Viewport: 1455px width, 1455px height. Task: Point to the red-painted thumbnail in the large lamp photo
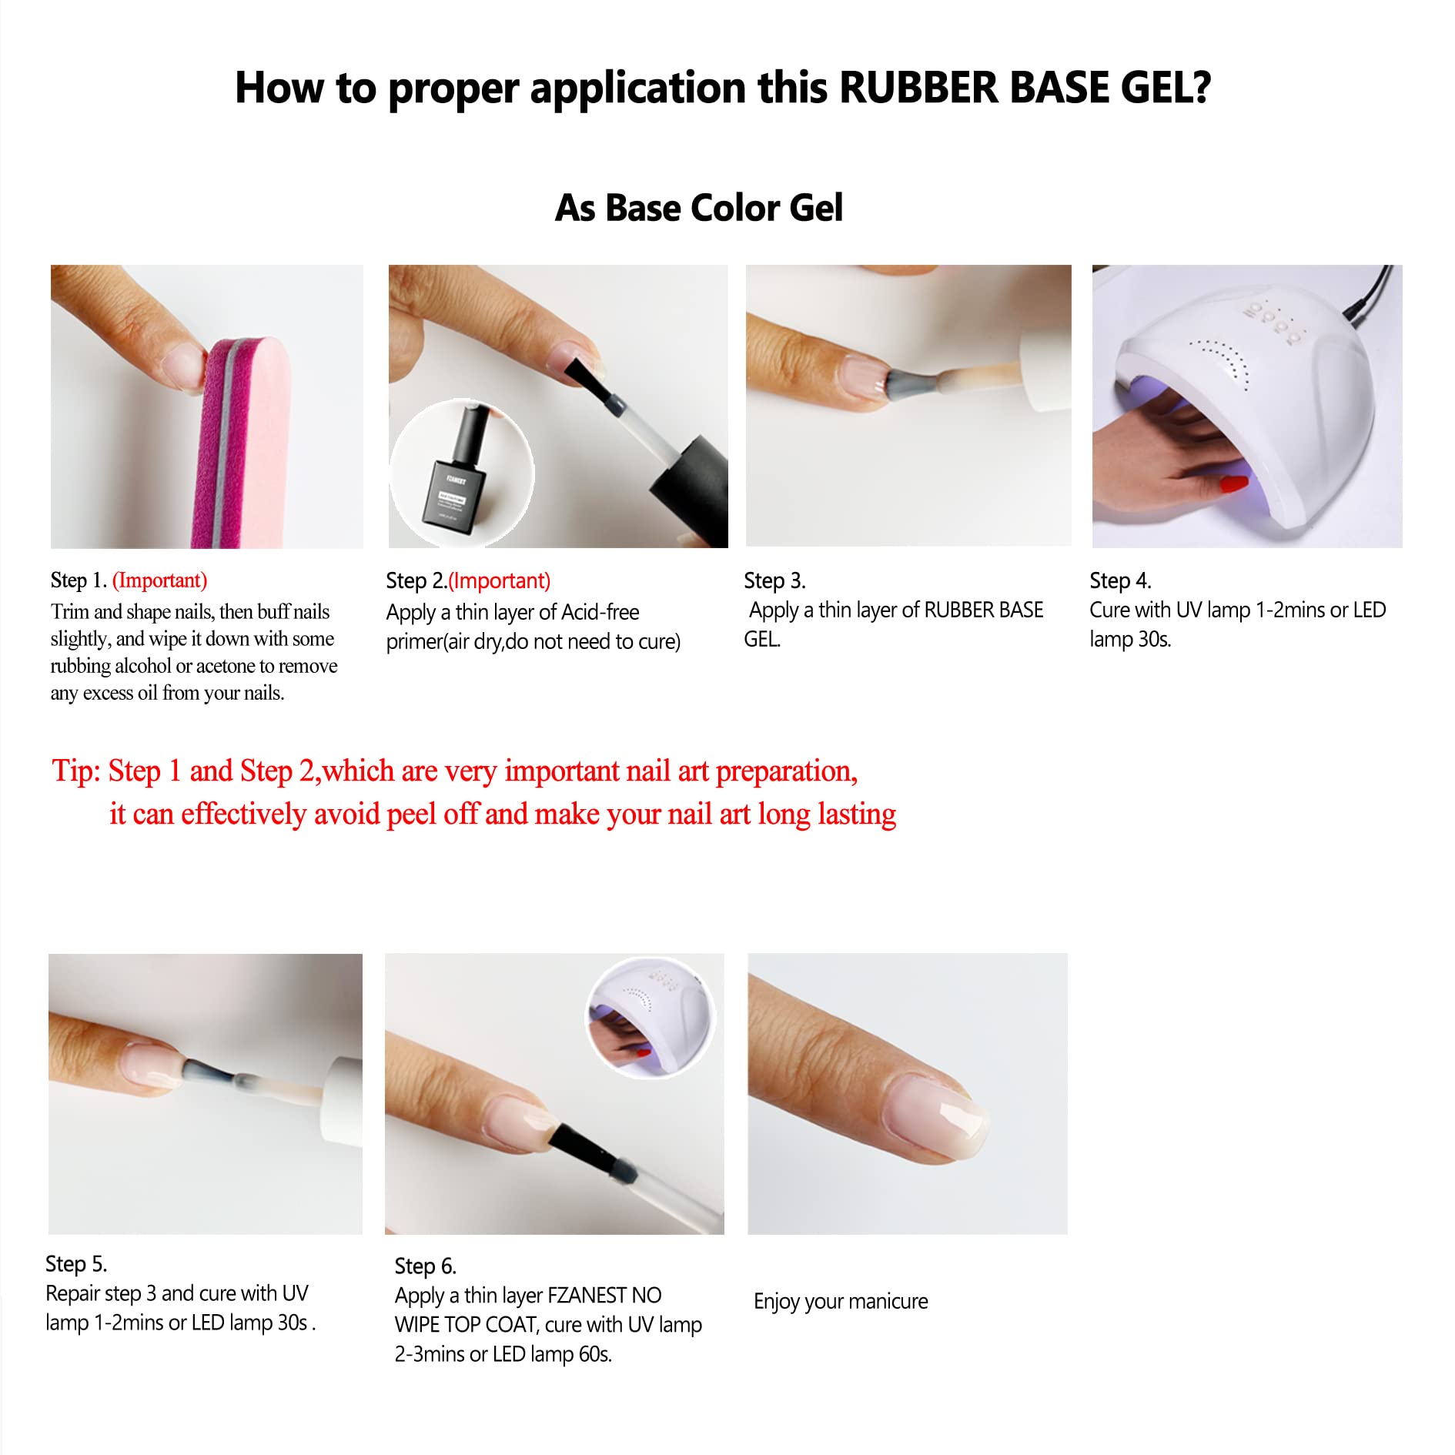[x=1233, y=483]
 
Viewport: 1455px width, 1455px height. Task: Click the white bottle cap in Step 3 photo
[x=1045, y=373]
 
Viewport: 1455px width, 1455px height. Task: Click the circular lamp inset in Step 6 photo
[x=651, y=1018]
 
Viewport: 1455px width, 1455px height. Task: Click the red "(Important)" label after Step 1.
[x=160, y=580]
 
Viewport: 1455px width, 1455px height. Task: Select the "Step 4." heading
[x=1120, y=580]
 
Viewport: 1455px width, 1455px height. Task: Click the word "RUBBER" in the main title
[x=919, y=87]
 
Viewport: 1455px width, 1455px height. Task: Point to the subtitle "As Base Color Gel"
[x=699, y=208]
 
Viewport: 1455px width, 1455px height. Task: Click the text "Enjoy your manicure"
[x=841, y=1301]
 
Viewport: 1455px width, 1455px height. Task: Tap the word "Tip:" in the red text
[x=76, y=771]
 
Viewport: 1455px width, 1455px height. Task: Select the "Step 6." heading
[x=426, y=1266]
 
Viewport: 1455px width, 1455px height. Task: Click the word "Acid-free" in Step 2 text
[x=600, y=612]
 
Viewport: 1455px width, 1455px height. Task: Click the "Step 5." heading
[x=76, y=1263]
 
